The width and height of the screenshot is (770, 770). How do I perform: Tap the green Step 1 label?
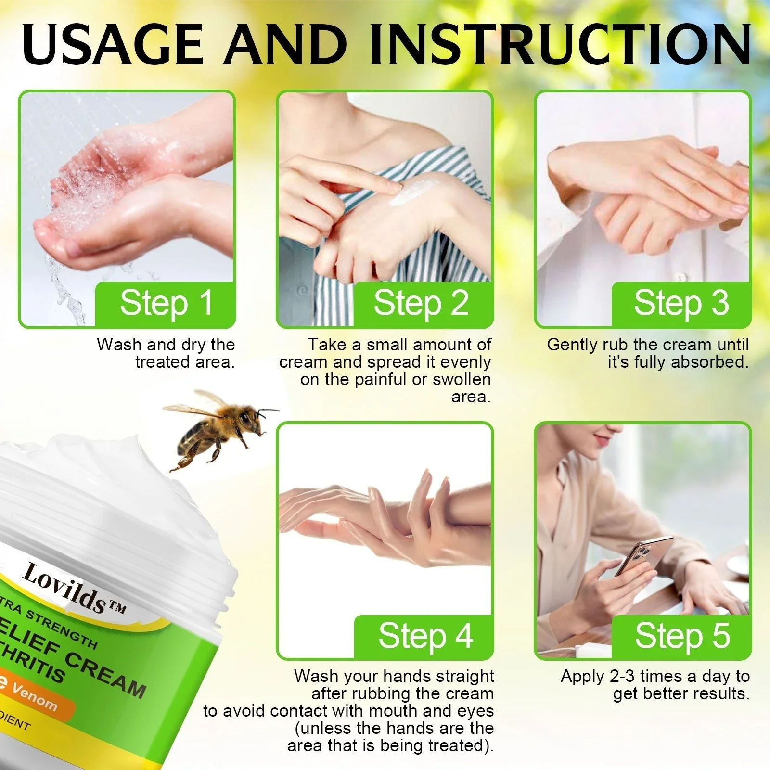click(166, 304)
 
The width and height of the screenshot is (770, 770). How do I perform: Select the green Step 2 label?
click(422, 304)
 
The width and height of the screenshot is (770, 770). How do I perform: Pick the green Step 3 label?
click(681, 304)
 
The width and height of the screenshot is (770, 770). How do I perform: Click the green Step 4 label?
click(425, 636)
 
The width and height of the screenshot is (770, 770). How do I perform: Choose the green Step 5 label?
click(682, 636)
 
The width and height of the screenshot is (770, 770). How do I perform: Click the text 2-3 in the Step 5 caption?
click(622, 676)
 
